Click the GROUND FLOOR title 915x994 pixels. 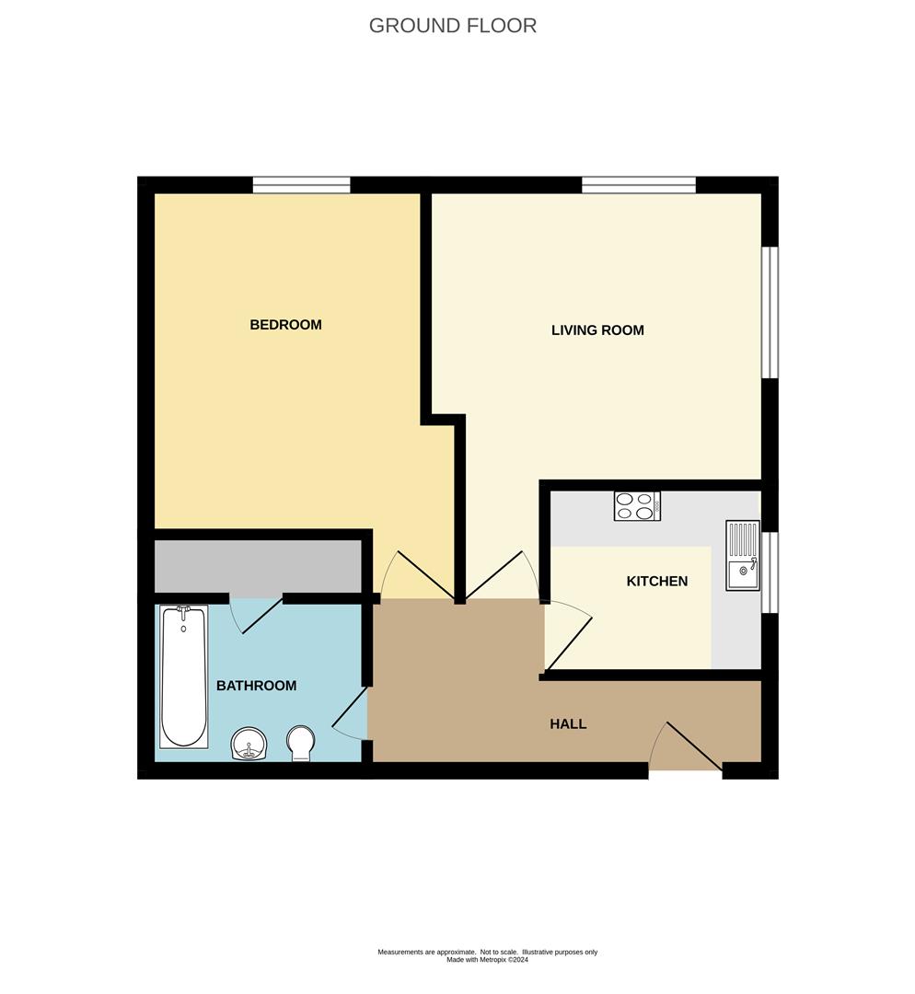point(453,26)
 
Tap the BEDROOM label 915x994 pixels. point(285,325)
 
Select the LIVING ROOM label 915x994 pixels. point(597,330)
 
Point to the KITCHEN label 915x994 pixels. point(657,582)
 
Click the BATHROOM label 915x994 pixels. point(256,686)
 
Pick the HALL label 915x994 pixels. point(568,724)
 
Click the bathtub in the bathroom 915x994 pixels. point(184,676)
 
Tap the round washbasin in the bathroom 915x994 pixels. point(249,744)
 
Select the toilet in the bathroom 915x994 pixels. point(300,744)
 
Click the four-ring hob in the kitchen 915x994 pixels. point(637,506)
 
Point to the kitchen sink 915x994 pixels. point(743,555)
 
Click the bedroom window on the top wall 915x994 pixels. point(301,184)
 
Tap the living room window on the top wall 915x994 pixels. point(639,184)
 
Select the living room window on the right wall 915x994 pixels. point(770,312)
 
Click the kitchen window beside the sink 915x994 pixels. point(770,572)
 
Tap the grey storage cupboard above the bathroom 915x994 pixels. point(258,567)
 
